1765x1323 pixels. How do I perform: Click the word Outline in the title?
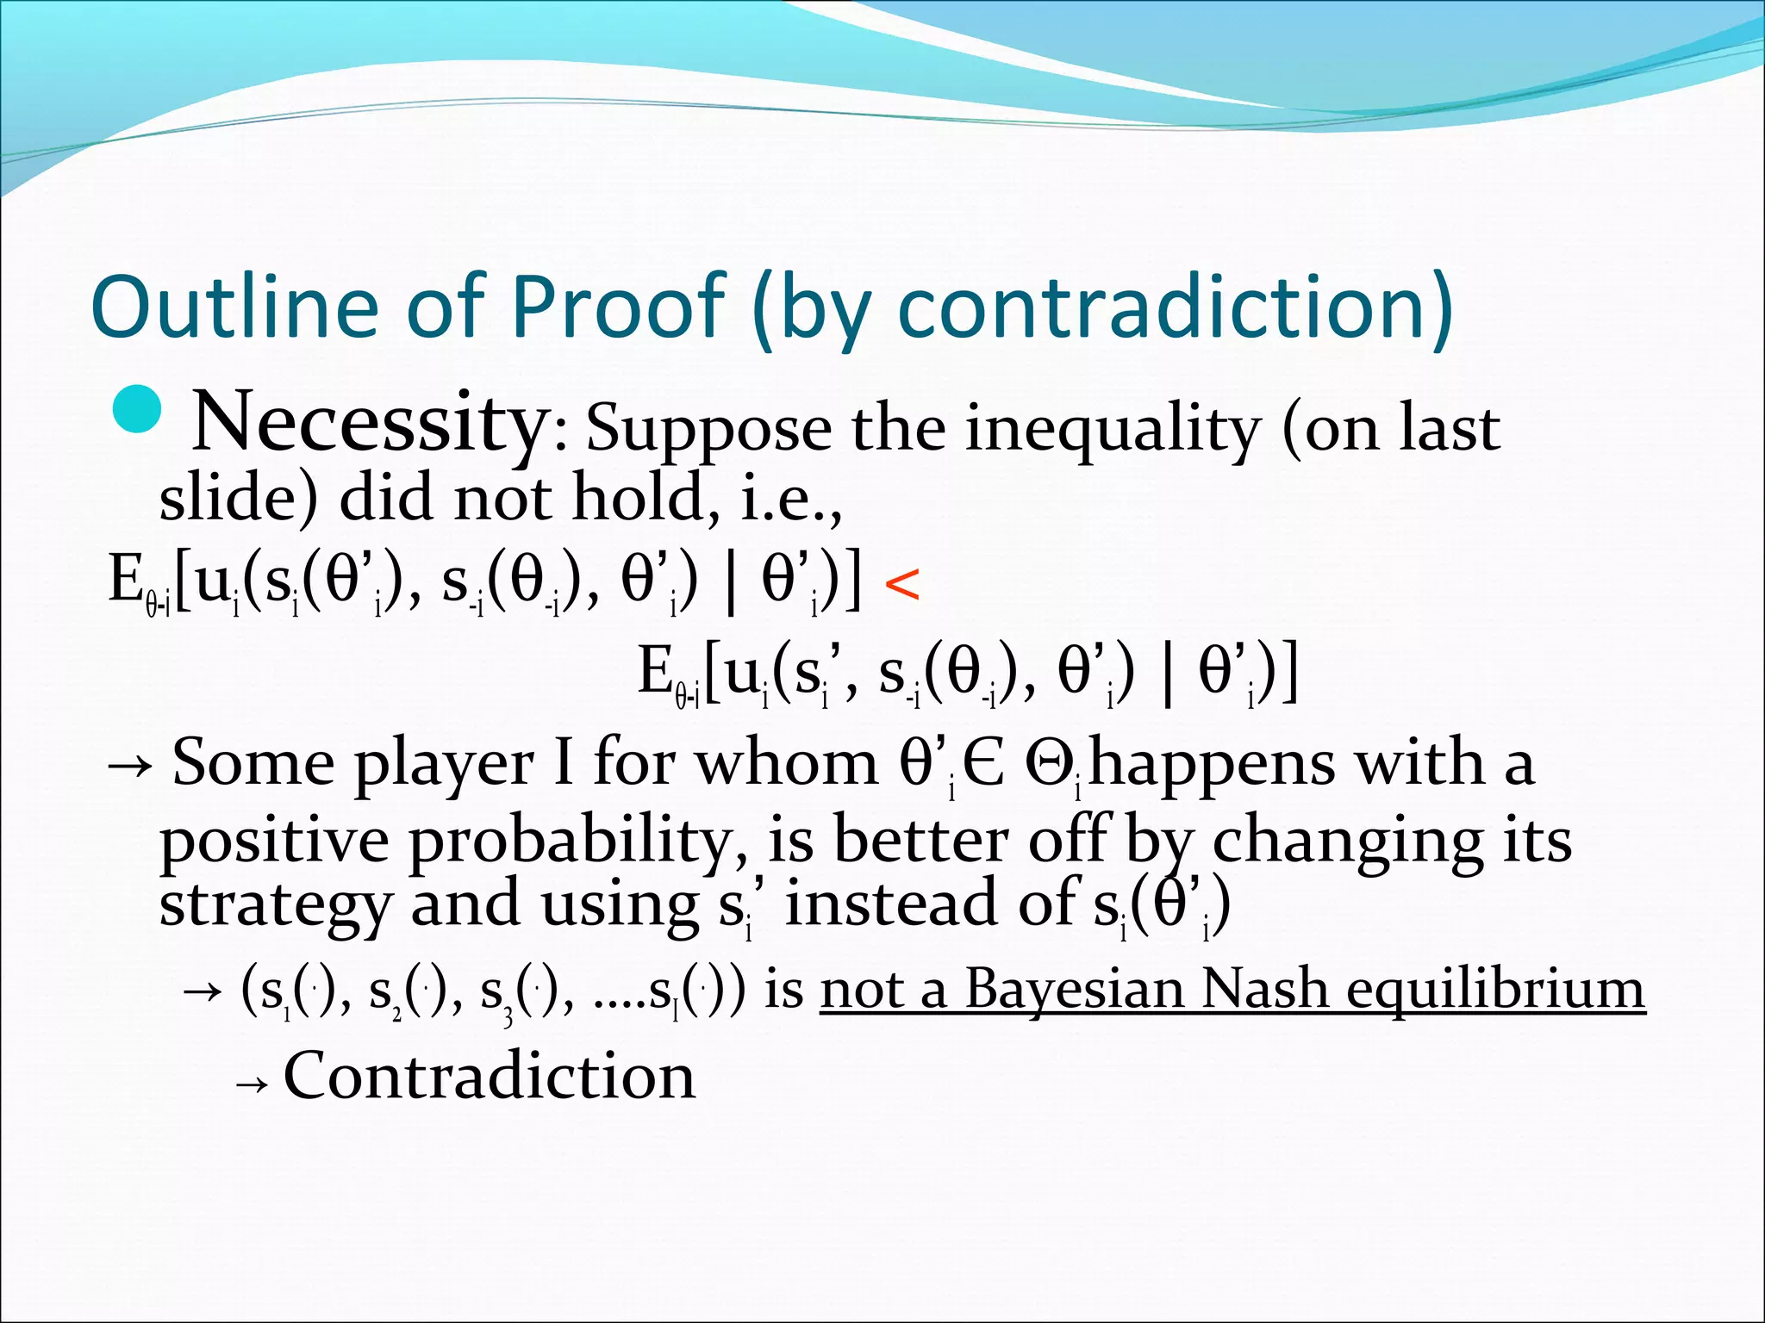tap(234, 307)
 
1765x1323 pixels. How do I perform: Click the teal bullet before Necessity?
tap(137, 409)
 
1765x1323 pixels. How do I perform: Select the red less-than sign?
tap(901, 585)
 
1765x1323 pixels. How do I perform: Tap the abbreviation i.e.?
tap(790, 500)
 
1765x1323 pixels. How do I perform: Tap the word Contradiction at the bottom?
tap(489, 1077)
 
